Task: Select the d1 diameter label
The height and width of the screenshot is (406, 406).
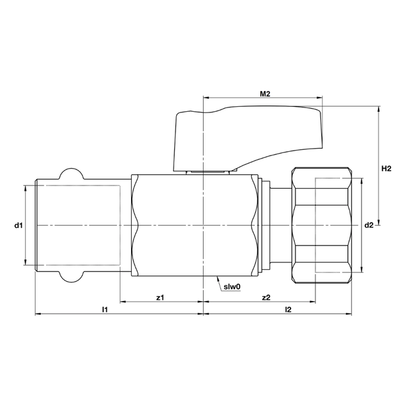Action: (x=19, y=224)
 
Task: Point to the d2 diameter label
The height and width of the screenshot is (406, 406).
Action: (x=369, y=225)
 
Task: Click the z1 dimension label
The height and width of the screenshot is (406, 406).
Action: (x=161, y=297)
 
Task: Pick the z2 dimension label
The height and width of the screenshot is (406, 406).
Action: (x=266, y=297)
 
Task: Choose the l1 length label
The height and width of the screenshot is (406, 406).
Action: (x=106, y=309)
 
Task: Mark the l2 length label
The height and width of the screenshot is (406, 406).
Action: (x=287, y=309)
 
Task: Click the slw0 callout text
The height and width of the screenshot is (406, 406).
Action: (x=232, y=287)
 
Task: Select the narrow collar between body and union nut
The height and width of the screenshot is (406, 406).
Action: (x=266, y=225)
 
